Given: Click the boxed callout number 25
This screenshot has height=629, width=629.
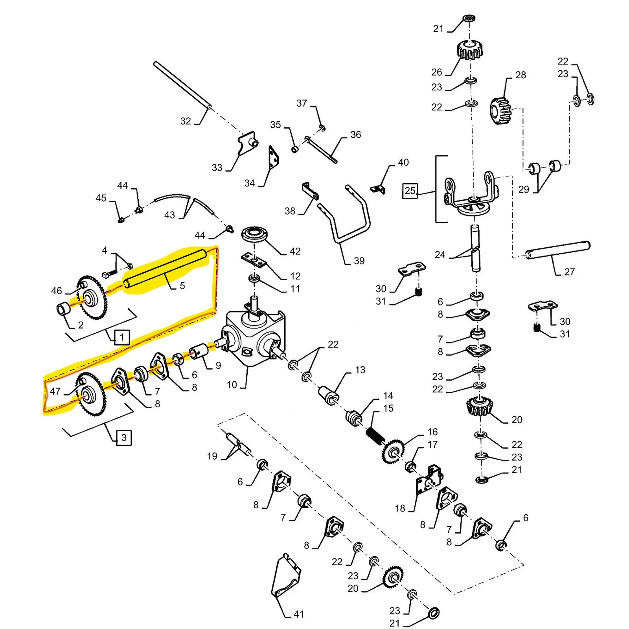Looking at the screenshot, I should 410,191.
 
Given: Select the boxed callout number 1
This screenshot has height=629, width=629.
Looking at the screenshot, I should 122,337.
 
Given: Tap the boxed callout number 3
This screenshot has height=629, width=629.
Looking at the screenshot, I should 124,438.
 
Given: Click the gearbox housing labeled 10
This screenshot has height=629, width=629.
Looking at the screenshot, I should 254,338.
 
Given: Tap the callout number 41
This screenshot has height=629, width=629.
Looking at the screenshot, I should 299,614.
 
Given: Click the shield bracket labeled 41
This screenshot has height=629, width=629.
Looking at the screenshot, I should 286,576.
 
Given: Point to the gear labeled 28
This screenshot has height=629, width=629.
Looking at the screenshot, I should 500,110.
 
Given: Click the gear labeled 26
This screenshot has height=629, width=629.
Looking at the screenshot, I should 469,50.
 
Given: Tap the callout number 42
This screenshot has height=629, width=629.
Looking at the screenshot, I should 295,251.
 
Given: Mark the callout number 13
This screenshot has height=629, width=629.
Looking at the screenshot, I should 360,370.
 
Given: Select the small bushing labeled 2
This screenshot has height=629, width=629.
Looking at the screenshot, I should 64,309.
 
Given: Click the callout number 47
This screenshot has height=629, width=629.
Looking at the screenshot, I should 55,391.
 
